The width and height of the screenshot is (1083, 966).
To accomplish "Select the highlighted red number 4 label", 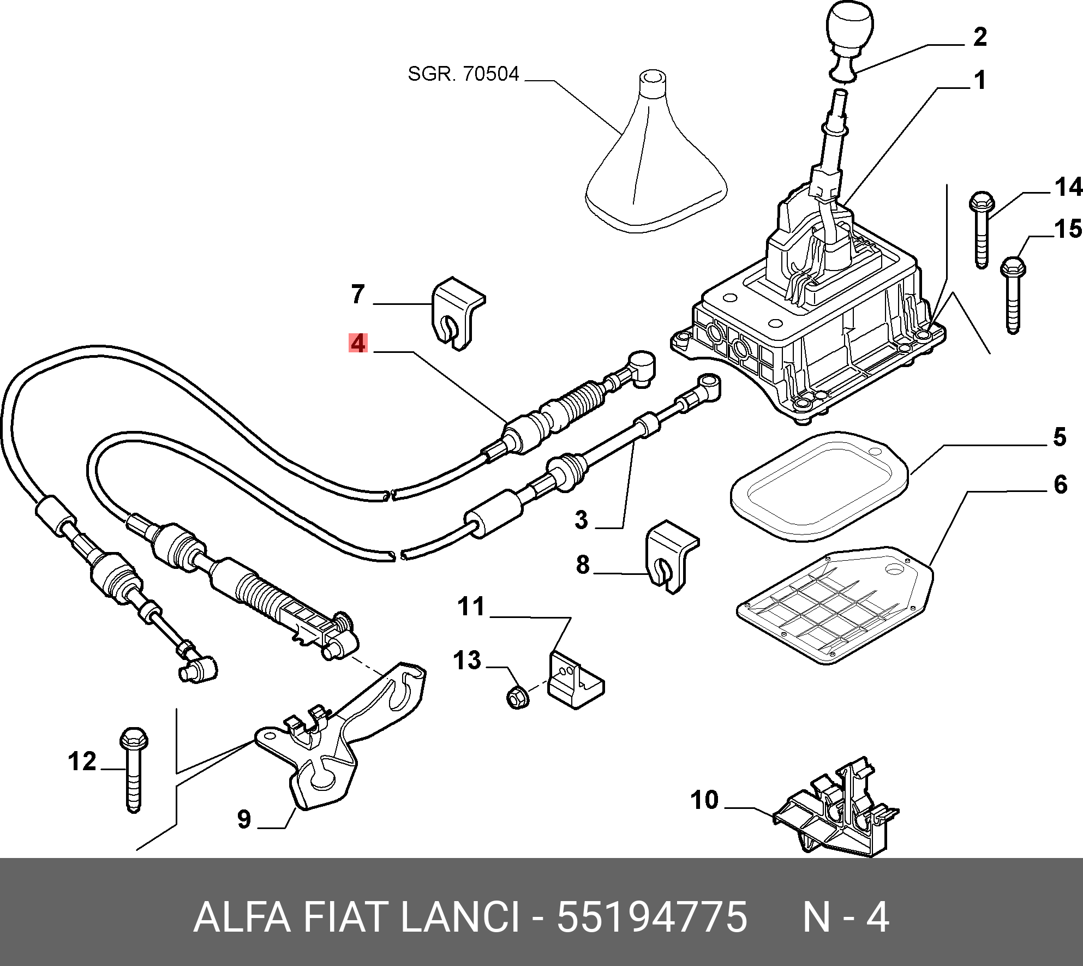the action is (x=358, y=343).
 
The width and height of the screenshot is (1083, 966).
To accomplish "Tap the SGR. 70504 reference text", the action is (x=463, y=74).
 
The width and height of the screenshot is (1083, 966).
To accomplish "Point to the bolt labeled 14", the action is (x=982, y=229).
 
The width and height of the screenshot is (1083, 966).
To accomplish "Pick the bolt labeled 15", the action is (x=1013, y=295).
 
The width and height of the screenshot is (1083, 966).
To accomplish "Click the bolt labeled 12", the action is (x=133, y=770).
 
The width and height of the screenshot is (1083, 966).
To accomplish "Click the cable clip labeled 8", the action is (x=671, y=557).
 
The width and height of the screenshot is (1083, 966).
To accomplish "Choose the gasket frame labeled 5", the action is (x=819, y=487).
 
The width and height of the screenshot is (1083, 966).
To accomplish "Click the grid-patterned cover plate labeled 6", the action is (x=835, y=605).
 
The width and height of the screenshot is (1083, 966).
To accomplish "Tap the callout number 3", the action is (x=582, y=520).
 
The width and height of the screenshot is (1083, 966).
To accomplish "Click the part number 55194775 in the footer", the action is (x=651, y=917).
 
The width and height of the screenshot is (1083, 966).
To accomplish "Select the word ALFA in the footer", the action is (x=242, y=917).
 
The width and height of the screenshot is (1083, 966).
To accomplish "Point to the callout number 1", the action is (x=980, y=80).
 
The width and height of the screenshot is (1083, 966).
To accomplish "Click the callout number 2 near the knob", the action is (x=980, y=37).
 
